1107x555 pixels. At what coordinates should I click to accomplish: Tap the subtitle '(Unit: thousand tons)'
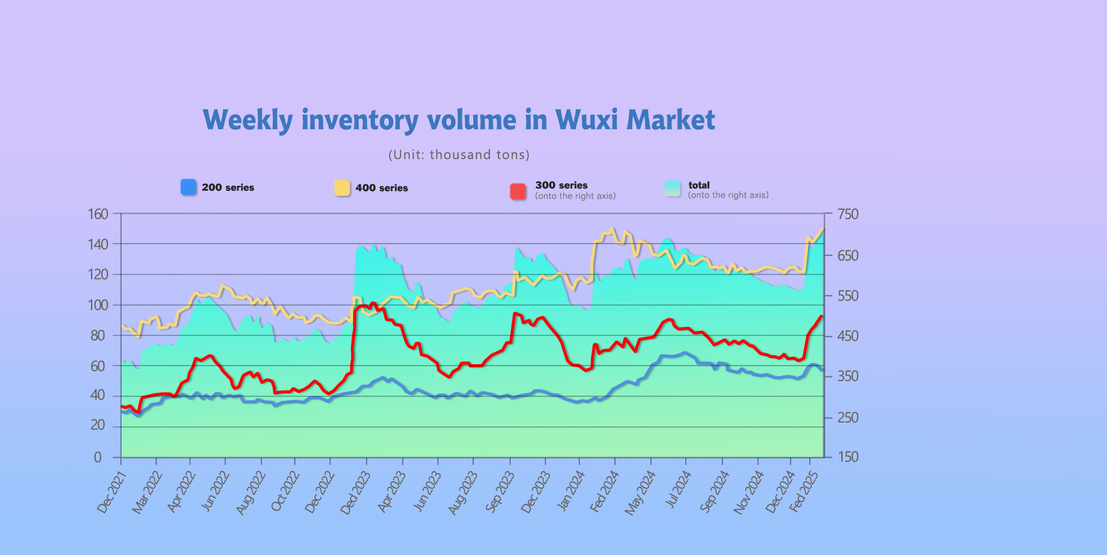[459, 155]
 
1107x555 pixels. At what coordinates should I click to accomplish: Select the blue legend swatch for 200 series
[189, 187]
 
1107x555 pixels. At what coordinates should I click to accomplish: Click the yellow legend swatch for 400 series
[342, 188]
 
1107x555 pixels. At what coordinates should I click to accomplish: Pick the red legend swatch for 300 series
[518, 191]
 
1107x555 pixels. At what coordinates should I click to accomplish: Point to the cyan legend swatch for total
[673, 188]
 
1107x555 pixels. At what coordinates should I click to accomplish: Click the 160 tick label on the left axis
[98, 214]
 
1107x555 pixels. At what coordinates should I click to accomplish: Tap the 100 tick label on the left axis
[98, 305]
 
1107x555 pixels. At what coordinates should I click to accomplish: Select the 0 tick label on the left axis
[98, 457]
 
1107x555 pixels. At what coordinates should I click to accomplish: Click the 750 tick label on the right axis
[848, 214]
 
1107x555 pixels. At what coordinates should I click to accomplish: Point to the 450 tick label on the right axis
[848, 336]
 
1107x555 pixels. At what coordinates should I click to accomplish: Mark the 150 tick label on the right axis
[848, 457]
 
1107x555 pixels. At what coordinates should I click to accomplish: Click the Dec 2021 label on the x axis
[112, 493]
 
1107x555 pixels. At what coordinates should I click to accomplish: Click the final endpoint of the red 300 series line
[821, 316]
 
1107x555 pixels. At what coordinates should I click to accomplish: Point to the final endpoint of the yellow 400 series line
[823, 229]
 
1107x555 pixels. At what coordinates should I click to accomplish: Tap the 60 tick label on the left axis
[98, 366]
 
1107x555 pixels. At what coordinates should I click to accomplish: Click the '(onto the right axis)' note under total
[728, 195]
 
